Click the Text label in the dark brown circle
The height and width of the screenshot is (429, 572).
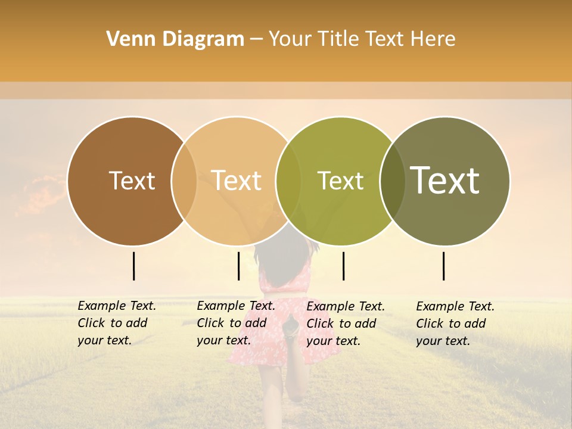coord(132,181)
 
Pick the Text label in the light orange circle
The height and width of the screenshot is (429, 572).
coord(237,181)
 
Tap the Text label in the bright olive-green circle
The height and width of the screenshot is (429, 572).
coord(340,181)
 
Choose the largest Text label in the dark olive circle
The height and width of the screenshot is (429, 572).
coord(445,181)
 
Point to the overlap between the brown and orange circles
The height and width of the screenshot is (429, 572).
coord(184,181)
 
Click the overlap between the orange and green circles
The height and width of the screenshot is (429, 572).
coord(288,181)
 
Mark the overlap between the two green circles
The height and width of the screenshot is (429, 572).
coord(392,181)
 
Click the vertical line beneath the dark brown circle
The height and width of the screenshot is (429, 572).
coord(133,266)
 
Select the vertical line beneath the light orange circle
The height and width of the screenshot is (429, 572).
coord(238,266)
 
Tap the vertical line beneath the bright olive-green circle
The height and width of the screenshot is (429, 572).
coord(343,266)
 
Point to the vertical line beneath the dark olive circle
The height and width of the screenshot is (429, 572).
coord(443,266)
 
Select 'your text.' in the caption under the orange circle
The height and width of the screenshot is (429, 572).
coord(223,340)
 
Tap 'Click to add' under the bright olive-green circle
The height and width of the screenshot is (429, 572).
coord(341,324)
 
